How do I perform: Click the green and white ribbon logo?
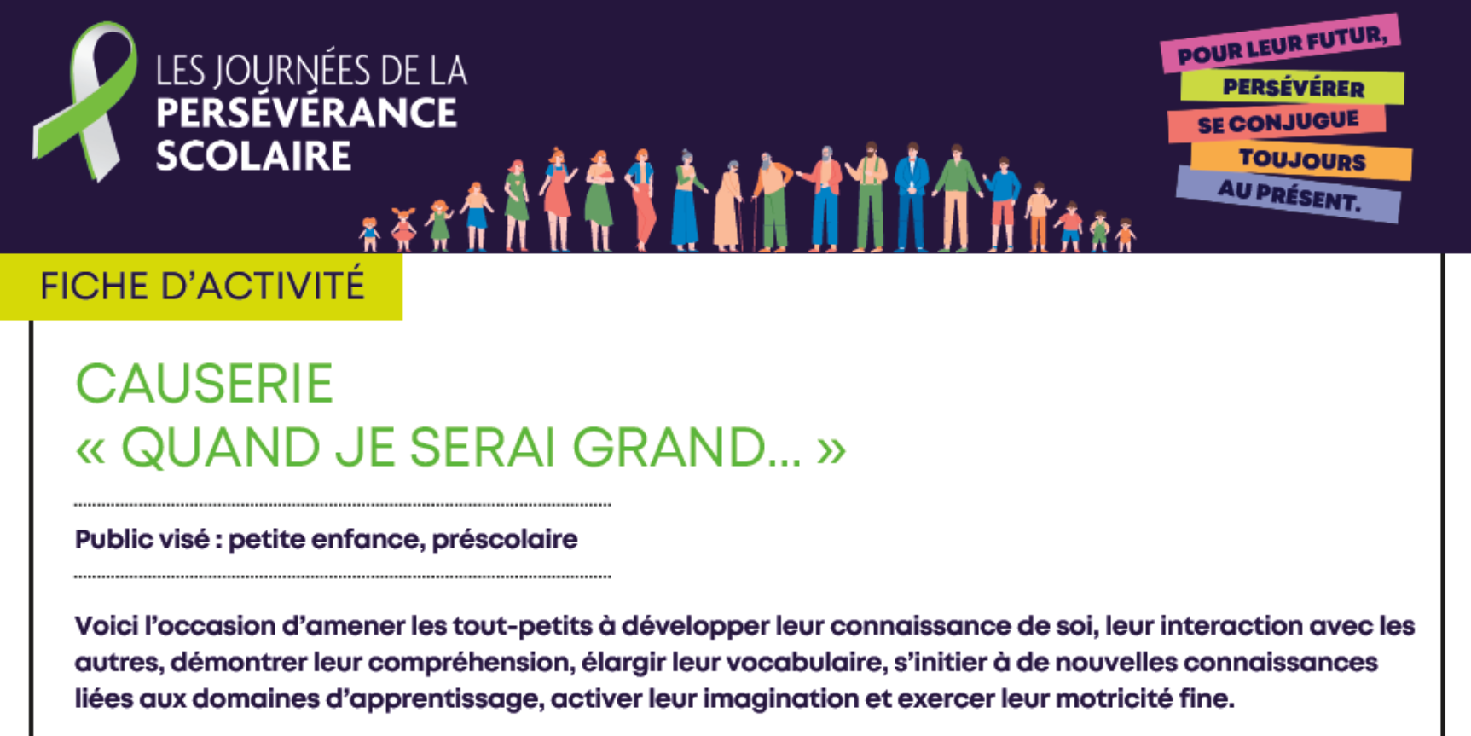tap(85, 101)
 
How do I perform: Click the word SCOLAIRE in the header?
tap(253, 156)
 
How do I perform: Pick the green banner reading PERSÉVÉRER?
tap(1293, 87)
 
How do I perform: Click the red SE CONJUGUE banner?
tap(1277, 123)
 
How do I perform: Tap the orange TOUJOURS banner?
tap(1301, 159)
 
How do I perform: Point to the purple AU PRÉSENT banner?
tap(1289, 194)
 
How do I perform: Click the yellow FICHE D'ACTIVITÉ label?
tap(201, 286)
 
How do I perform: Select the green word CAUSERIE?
tap(204, 384)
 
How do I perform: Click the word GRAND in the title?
tap(669, 448)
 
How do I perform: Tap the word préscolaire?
tap(505, 540)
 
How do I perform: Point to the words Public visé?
tap(142, 540)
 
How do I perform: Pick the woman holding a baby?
tap(599, 201)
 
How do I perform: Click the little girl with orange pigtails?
tap(402, 229)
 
